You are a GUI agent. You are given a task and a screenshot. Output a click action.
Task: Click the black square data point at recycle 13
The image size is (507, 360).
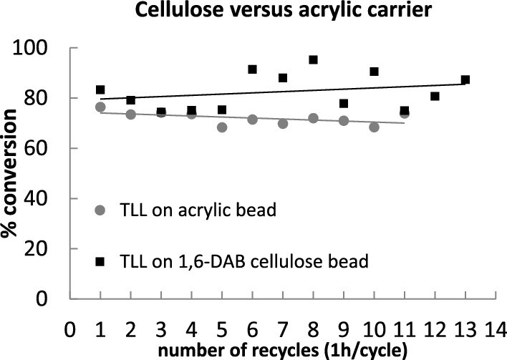pos(465,79)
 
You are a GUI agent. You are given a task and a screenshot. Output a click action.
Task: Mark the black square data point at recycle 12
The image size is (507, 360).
pos(435,96)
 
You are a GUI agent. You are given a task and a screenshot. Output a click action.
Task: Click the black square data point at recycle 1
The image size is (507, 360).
pos(100,90)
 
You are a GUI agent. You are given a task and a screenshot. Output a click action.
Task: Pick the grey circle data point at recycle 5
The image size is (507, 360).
pos(222,127)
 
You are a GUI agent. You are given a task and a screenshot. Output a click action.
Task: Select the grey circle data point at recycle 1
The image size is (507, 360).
pos(100,107)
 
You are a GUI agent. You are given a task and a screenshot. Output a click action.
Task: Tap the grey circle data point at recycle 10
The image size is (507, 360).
pos(374,127)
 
